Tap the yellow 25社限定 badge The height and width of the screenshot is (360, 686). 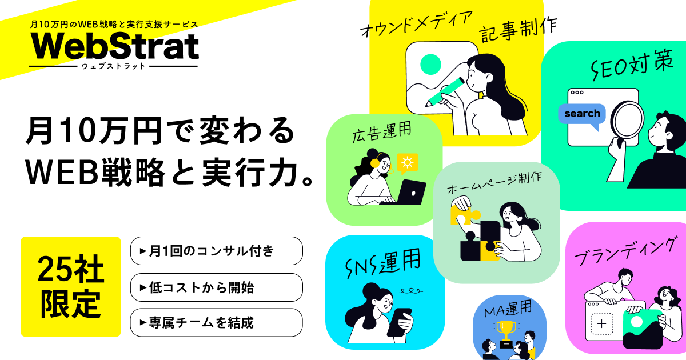[71, 286]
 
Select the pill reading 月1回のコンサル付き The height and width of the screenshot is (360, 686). [216, 251]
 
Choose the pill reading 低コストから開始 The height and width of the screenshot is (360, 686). [216, 287]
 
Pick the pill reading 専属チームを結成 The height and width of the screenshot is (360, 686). [216, 323]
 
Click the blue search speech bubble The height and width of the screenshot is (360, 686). [581, 114]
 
